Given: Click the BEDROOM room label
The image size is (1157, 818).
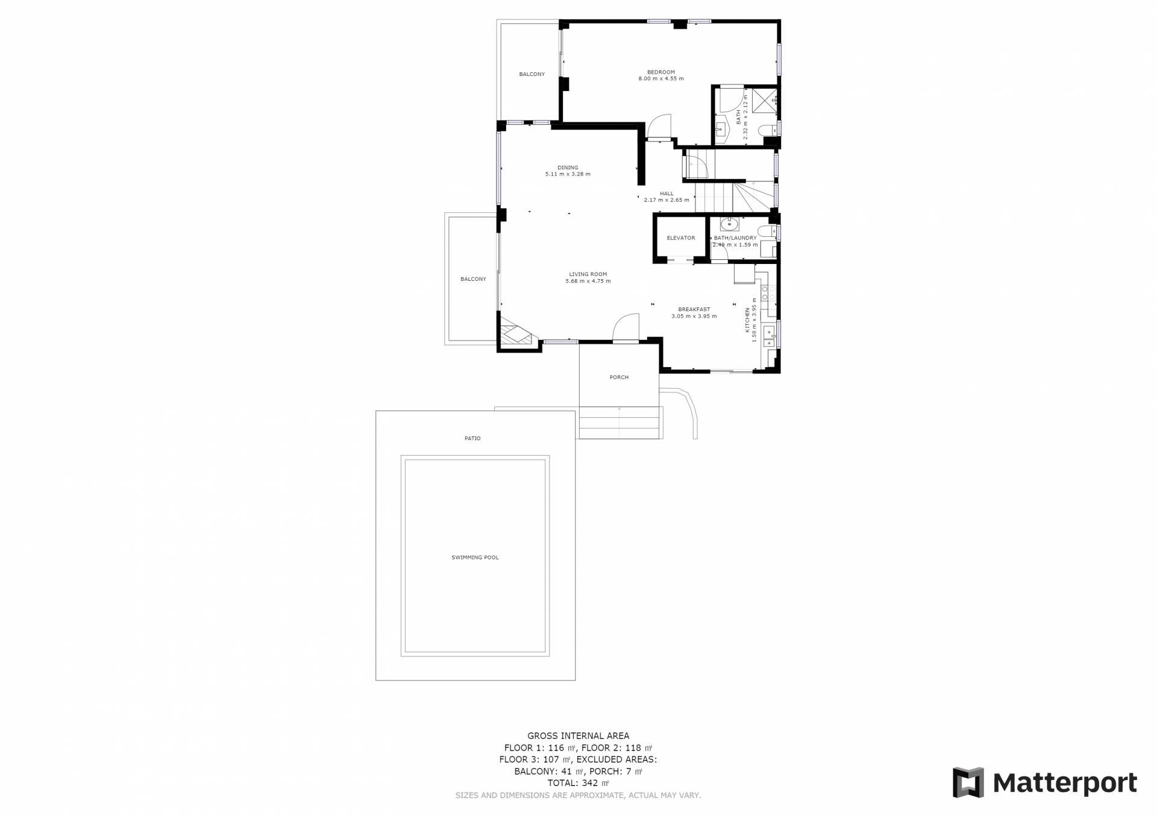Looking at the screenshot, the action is point(661,72).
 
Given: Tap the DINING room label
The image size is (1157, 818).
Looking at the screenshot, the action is point(568,168).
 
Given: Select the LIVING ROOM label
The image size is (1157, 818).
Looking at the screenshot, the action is point(588,274).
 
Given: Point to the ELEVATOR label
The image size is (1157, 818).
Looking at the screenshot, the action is point(681,238).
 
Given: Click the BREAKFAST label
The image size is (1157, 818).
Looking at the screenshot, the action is point(694,309).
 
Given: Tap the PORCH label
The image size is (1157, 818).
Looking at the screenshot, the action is point(619,377).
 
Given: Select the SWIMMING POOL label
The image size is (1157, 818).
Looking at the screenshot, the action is point(475,558).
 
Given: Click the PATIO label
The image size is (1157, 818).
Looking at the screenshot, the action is point(472,438).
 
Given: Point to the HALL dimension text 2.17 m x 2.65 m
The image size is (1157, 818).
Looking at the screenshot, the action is point(666,200).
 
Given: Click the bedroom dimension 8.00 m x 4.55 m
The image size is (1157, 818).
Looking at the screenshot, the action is point(661,79).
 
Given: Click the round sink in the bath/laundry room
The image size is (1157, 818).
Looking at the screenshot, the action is point(729,225).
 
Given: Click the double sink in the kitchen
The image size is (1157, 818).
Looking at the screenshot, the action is point(768,337).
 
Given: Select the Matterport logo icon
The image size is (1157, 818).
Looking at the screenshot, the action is point(968,782).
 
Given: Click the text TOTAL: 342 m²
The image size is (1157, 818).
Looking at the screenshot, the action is point(578,783).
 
